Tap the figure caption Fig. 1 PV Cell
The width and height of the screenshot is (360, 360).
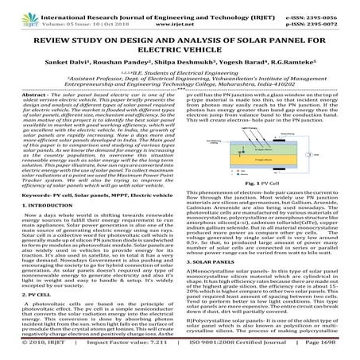(269, 205)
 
